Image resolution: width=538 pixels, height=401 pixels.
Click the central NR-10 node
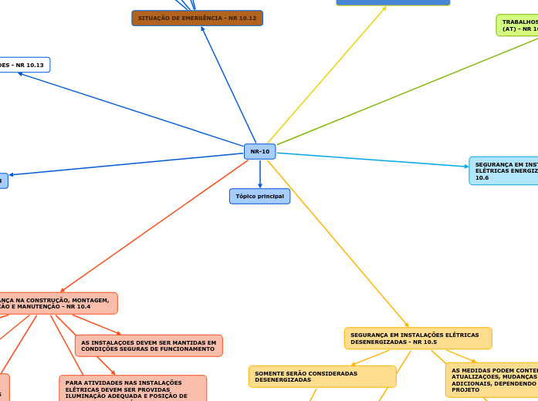(x=259, y=151)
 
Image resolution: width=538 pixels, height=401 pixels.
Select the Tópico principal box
(x=259, y=197)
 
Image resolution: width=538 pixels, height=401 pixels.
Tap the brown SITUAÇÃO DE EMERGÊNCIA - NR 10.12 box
(x=197, y=18)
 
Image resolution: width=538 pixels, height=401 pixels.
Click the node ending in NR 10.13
(x=23, y=65)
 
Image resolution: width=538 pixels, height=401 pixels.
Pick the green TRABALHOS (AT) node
(x=517, y=25)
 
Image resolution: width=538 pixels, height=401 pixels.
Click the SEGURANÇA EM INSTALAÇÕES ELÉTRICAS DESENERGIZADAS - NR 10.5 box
(x=418, y=339)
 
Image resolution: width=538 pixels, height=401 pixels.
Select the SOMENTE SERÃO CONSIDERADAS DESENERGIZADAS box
(x=322, y=376)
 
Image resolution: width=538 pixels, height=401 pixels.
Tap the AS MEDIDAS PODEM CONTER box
(x=492, y=379)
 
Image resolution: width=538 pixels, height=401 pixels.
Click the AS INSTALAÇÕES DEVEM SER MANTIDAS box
(x=148, y=345)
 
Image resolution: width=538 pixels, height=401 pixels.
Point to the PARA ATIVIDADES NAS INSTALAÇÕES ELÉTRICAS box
(x=132, y=388)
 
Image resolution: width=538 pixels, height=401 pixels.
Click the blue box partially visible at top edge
(x=393, y=2)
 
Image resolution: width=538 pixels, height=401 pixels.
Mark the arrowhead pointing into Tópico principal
(x=259, y=186)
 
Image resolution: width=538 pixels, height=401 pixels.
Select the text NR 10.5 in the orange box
(x=425, y=342)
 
